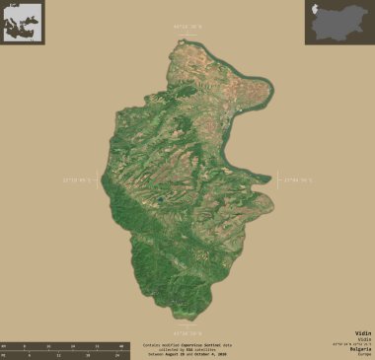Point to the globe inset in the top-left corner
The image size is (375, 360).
(x=22, y=22)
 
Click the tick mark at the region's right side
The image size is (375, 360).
(x=277, y=180)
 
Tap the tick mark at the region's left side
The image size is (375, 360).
(x=99, y=180)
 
